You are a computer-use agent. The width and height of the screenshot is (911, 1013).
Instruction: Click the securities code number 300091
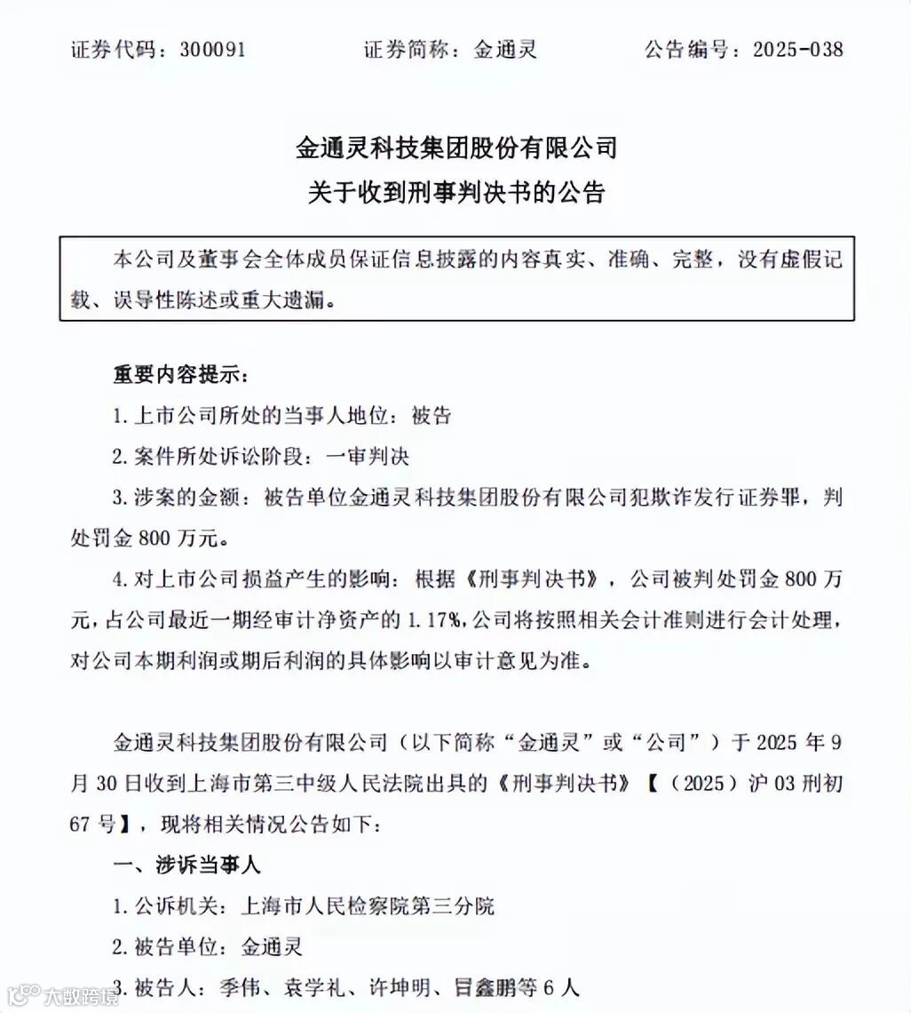(x=212, y=50)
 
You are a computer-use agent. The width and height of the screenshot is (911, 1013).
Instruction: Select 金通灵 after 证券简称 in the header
(x=505, y=50)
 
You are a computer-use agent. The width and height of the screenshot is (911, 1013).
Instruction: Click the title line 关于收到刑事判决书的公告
(x=455, y=192)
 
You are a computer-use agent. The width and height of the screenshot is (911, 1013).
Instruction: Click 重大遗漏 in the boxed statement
(x=288, y=300)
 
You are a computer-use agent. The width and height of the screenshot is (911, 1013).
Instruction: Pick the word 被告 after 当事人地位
(x=432, y=415)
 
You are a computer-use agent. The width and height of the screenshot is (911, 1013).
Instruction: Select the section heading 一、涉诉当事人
(x=186, y=865)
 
